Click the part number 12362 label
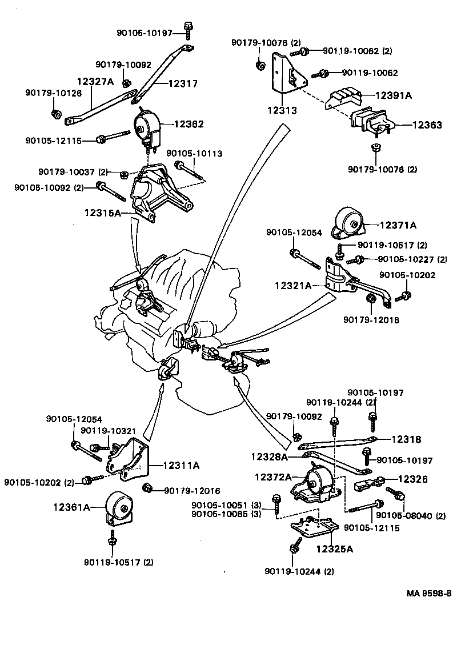(189, 124)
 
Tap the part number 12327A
(95, 82)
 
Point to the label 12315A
(103, 213)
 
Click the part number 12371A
(398, 225)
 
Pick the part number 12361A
(73, 506)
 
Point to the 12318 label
(406, 439)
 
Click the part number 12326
(412, 479)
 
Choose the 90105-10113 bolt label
(194, 154)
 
